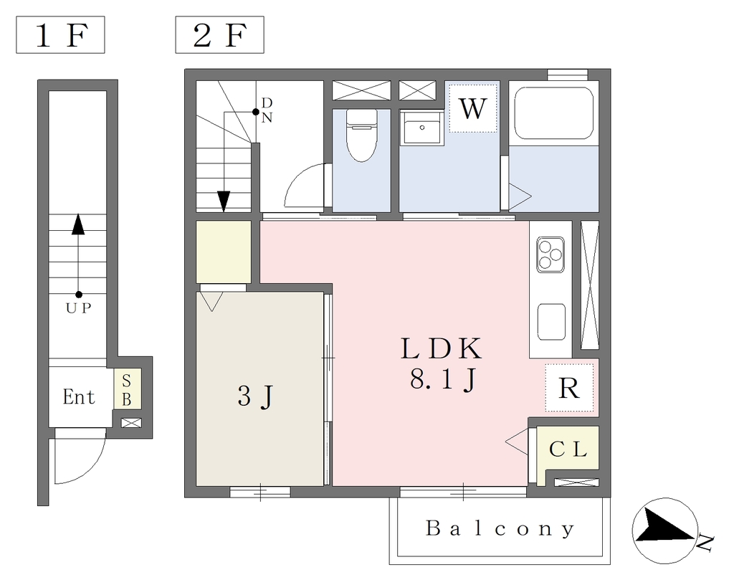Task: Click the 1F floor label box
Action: click(x=60, y=34)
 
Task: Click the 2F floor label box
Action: click(x=219, y=34)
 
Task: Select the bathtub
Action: click(x=554, y=113)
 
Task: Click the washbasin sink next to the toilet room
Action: click(x=421, y=128)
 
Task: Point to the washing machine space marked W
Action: click(x=473, y=108)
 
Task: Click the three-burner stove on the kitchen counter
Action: click(x=550, y=255)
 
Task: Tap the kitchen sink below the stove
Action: click(x=551, y=322)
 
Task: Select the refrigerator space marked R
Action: click(x=569, y=388)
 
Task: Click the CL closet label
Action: click(x=568, y=450)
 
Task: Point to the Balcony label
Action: click(x=500, y=529)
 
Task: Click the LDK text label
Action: click(x=441, y=348)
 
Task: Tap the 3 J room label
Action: click(x=255, y=397)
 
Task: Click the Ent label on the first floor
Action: click(x=79, y=397)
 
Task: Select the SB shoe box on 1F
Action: click(x=126, y=390)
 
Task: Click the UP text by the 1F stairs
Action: click(x=78, y=308)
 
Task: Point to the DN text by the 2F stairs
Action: click(x=267, y=110)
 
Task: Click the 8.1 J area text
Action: click(x=443, y=379)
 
